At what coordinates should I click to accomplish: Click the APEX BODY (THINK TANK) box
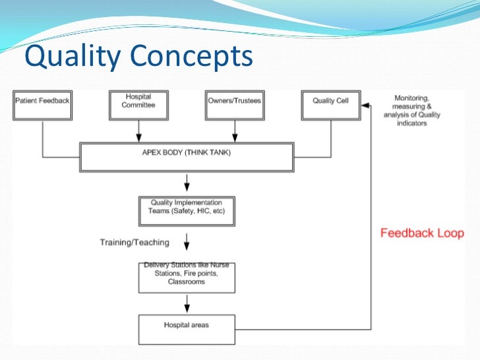click(187, 157)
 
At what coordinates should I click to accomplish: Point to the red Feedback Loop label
click(422, 233)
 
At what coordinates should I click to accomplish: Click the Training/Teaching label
click(135, 242)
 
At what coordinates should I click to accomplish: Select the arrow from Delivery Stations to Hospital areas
click(187, 303)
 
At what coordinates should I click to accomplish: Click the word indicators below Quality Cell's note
click(412, 123)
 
